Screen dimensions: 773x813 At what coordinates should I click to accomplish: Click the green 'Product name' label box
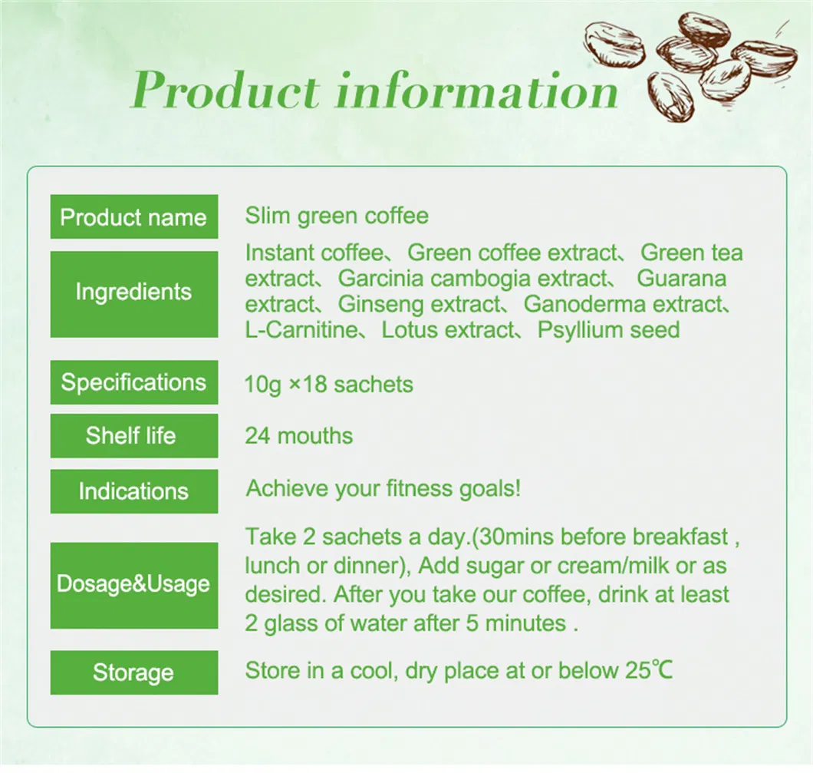pos(133,217)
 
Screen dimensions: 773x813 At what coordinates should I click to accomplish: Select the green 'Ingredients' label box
pos(133,292)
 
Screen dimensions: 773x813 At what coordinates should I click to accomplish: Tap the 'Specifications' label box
pos(133,382)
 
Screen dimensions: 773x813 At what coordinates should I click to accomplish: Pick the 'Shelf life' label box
pos(133,436)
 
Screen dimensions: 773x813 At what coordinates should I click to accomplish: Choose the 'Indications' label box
pos(133,491)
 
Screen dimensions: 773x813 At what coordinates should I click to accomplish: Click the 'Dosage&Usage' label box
pos(133,584)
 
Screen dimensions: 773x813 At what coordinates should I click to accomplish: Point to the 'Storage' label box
pos(133,672)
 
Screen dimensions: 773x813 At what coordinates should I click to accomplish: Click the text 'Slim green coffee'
pos(337,216)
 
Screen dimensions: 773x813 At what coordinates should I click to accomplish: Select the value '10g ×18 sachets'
pos(329,384)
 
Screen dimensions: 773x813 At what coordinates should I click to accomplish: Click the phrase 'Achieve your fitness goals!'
pos(383,488)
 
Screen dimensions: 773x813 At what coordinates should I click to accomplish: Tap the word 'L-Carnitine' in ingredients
pos(301,331)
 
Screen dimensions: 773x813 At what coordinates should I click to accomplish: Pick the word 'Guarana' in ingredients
pos(682,279)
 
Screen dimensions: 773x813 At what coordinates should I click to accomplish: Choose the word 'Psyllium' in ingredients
pos(581,331)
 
